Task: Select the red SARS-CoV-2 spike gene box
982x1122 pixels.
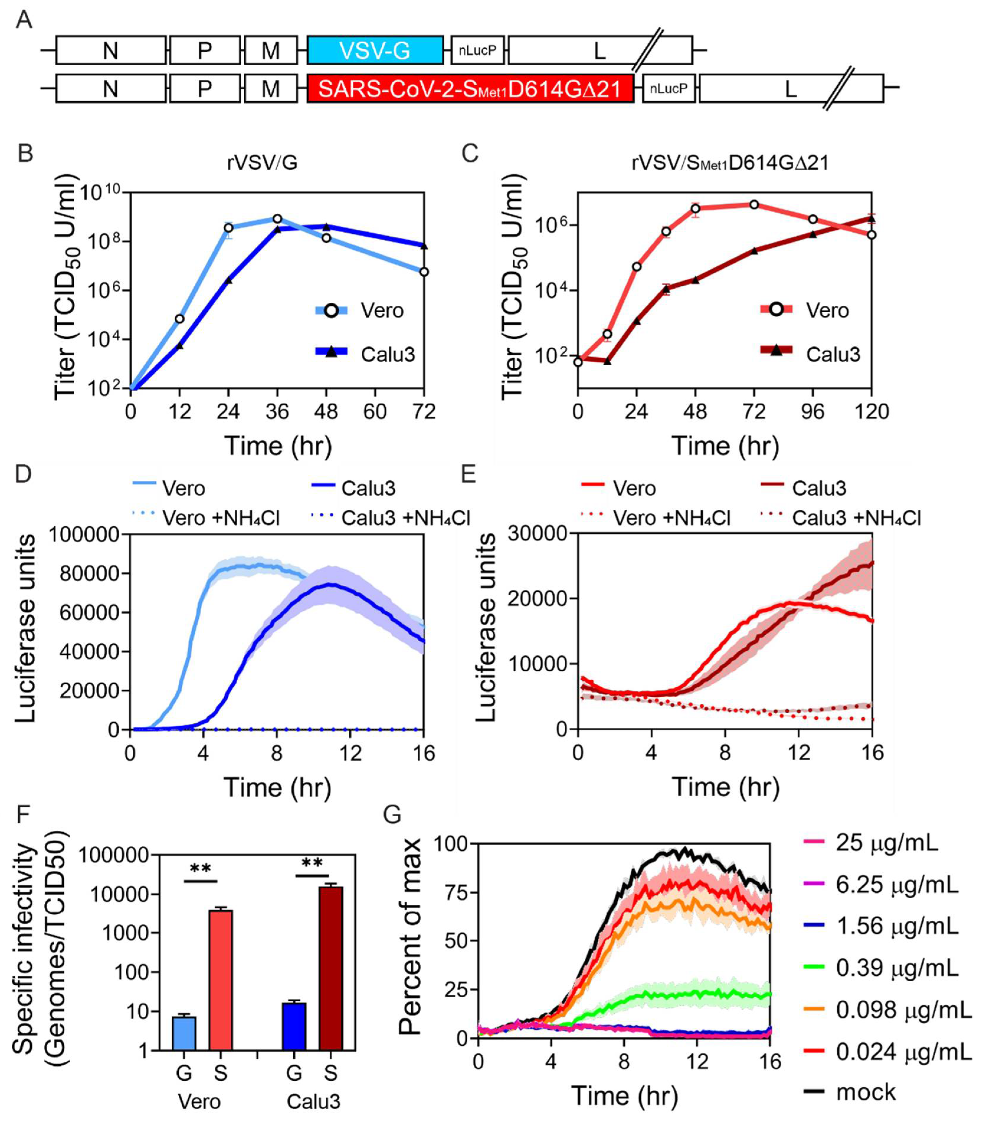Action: tap(470, 88)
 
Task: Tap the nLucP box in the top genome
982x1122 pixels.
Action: tap(477, 50)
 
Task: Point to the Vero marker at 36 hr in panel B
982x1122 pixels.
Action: tap(277, 219)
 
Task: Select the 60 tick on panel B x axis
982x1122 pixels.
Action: tap(375, 411)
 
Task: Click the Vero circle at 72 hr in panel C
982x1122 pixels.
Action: tap(754, 205)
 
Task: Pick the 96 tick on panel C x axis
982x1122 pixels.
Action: tap(813, 411)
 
